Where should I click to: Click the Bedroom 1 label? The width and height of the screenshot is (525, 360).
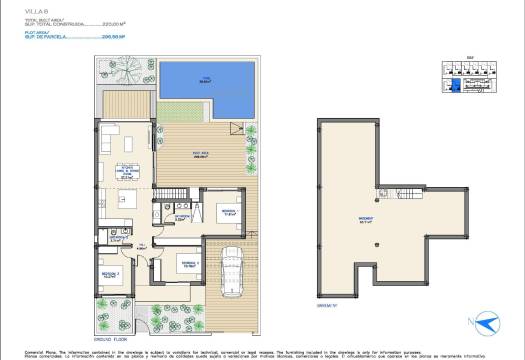point(227,212)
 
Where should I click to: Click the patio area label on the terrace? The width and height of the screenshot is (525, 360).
point(199,154)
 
